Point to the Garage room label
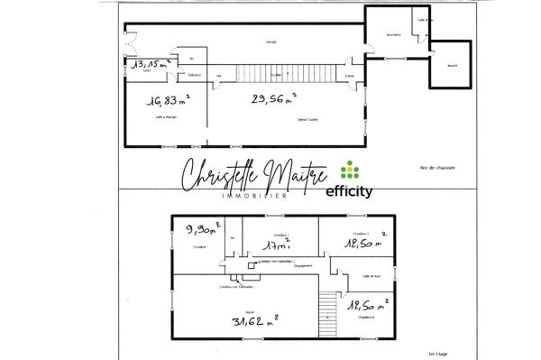(270, 42)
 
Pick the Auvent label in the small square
(453, 66)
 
